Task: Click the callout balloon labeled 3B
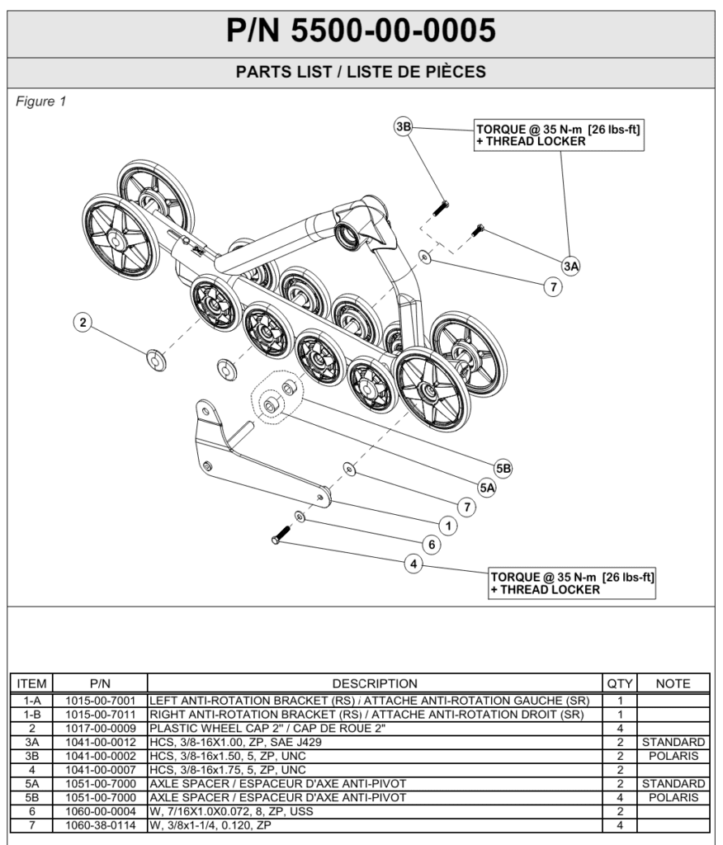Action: (404, 128)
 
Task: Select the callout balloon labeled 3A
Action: (570, 265)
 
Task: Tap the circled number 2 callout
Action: (83, 322)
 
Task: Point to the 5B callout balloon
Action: (503, 468)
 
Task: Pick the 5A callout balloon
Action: (488, 488)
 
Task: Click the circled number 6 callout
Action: (430, 544)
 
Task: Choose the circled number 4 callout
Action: (413, 564)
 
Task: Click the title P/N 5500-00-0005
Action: (361, 31)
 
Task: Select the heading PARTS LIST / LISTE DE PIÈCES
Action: (361, 73)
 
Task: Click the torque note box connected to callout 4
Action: (572, 583)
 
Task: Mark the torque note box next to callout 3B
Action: (558, 135)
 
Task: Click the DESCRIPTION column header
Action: (375, 683)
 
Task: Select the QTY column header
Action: (619, 683)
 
